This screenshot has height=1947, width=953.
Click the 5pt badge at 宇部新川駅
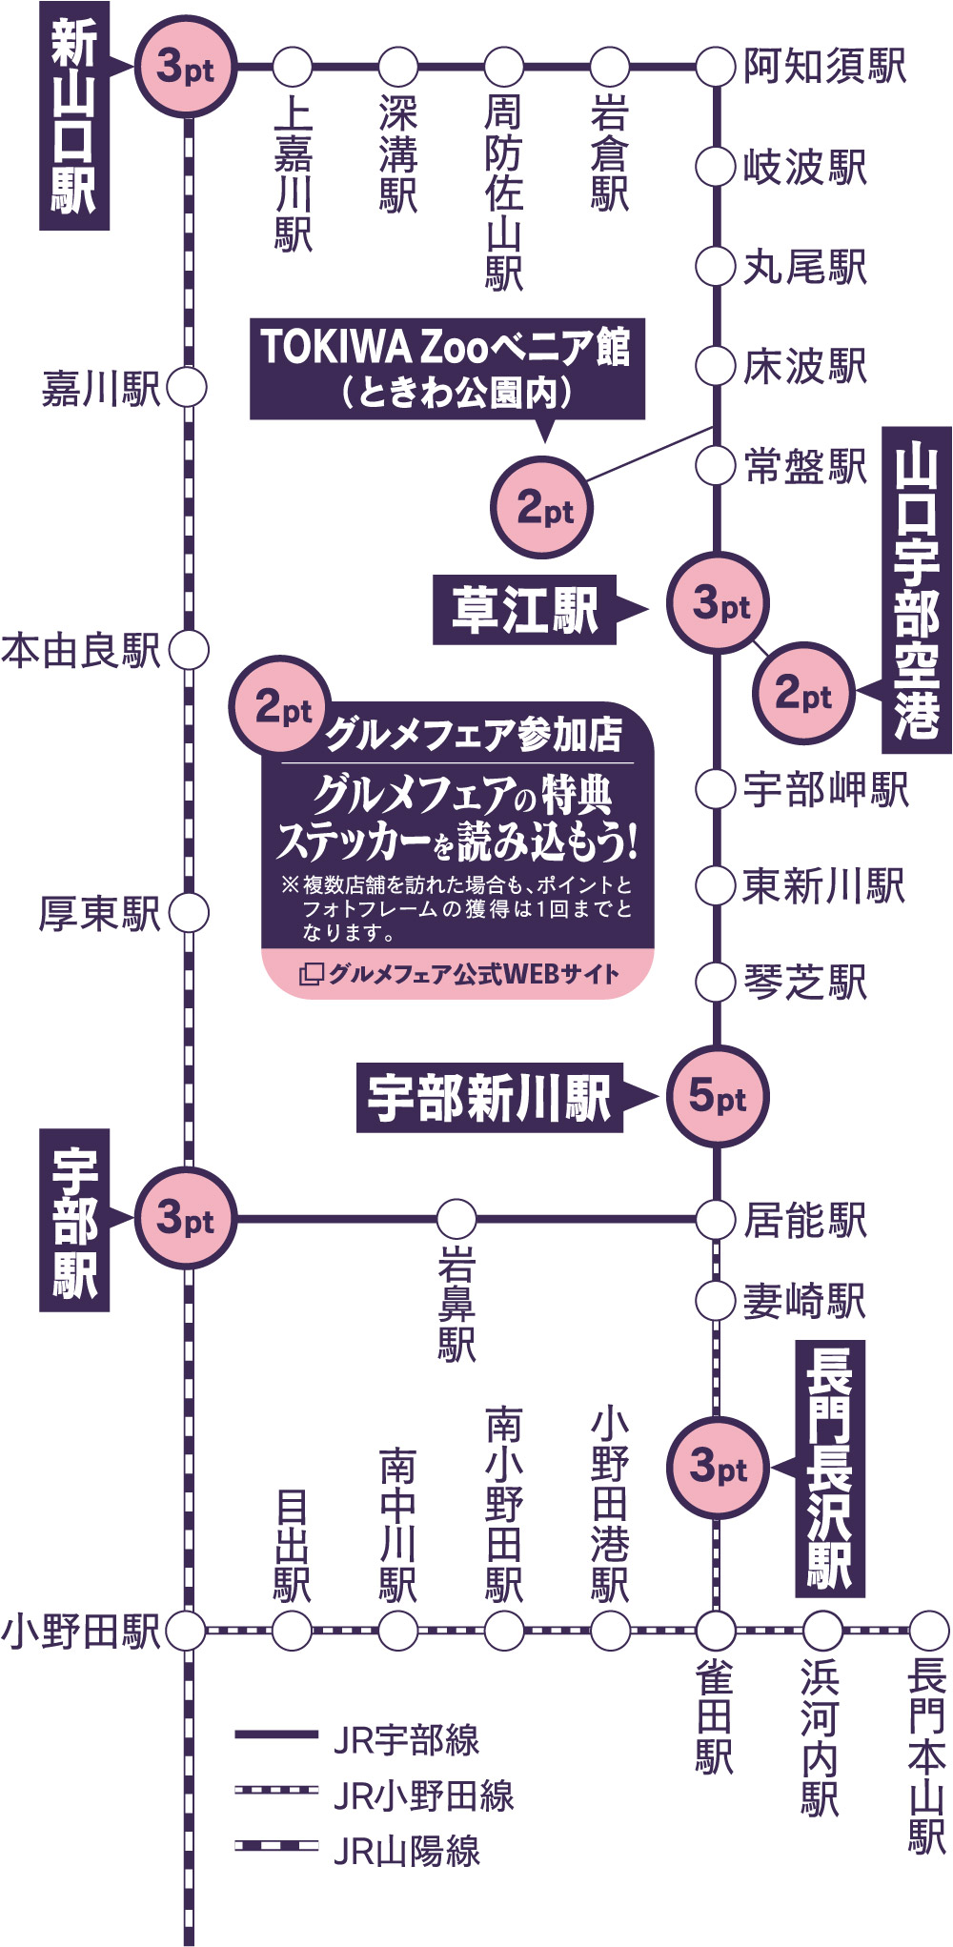[717, 1096]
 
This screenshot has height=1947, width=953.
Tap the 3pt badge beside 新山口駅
[186, 68]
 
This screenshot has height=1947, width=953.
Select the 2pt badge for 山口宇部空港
[803, 693]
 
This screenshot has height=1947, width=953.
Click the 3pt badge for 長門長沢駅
[717, 1467]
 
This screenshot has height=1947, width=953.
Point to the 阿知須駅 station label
[824, 67]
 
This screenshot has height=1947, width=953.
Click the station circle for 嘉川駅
[187, 388]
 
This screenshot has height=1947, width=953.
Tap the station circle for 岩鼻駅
[456, 1219]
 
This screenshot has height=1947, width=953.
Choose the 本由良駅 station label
[81, 651]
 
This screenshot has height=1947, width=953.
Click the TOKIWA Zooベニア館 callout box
[447, 369]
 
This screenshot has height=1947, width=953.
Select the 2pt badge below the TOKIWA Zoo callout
[542, 507]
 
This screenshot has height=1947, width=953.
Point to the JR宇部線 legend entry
[357, 1739]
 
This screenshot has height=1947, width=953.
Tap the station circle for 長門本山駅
[928, 1631]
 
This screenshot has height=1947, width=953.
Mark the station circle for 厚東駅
[189, 913]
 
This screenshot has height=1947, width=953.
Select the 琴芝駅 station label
[805, 983]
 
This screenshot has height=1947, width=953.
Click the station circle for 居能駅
[715, 1219]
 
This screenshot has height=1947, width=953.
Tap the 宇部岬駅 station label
[826, 789]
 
